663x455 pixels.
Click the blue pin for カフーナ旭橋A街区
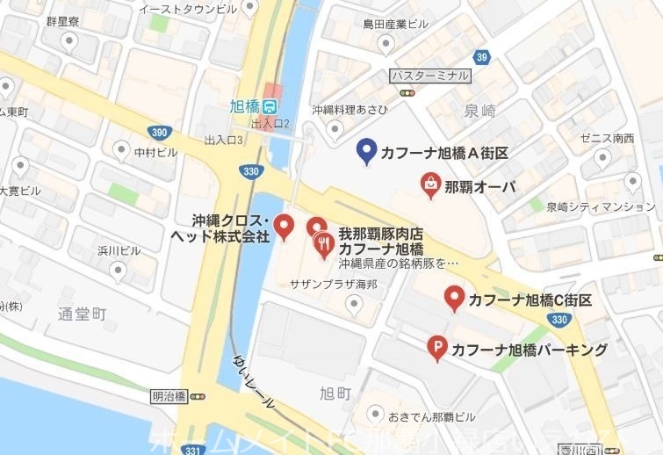pos(367,151)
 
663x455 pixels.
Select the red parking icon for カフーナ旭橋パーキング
pos(436,349)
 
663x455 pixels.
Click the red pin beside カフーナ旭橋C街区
pos(453,298)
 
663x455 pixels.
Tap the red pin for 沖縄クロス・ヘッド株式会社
pos(284,226)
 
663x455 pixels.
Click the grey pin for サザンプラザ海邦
pos(354,304)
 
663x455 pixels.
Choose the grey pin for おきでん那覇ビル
pos(375,413)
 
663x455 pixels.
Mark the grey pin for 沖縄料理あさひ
pos(333,128)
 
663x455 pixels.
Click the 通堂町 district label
pos(82,314)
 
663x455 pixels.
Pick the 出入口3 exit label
pos(223,140)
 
